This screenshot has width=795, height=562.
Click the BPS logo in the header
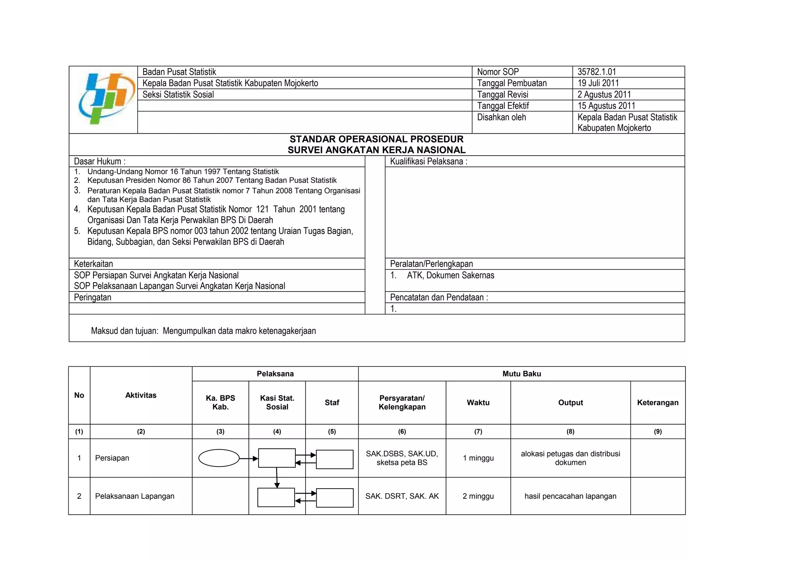[103, 99]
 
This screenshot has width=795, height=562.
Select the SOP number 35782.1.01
[596, 72]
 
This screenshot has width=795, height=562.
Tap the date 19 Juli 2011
[598, 83]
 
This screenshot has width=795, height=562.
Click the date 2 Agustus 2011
[604, 94]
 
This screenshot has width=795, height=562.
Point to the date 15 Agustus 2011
[606, 106]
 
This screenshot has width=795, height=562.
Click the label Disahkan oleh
[501, 117]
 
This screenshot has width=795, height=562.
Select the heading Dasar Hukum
[100, 161]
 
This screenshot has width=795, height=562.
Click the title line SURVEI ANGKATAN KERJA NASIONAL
[376, 150]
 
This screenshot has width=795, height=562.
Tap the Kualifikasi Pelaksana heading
[428, 161]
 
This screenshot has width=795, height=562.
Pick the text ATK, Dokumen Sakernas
[450, 275]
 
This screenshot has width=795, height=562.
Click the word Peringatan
[92, 297]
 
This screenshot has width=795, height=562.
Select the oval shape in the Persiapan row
[219, 458]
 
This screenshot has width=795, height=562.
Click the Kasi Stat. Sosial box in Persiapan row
[277, 458]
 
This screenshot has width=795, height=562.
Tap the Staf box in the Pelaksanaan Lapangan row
[335, 498]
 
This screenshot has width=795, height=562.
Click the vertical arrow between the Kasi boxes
[277, 477]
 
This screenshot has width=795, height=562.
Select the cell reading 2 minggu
[478, 496]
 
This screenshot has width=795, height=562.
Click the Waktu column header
[478, 402]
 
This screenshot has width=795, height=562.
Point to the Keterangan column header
[658, 402]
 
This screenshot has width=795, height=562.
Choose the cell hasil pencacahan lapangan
[570, 496]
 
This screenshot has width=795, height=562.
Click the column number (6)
[402, 431]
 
